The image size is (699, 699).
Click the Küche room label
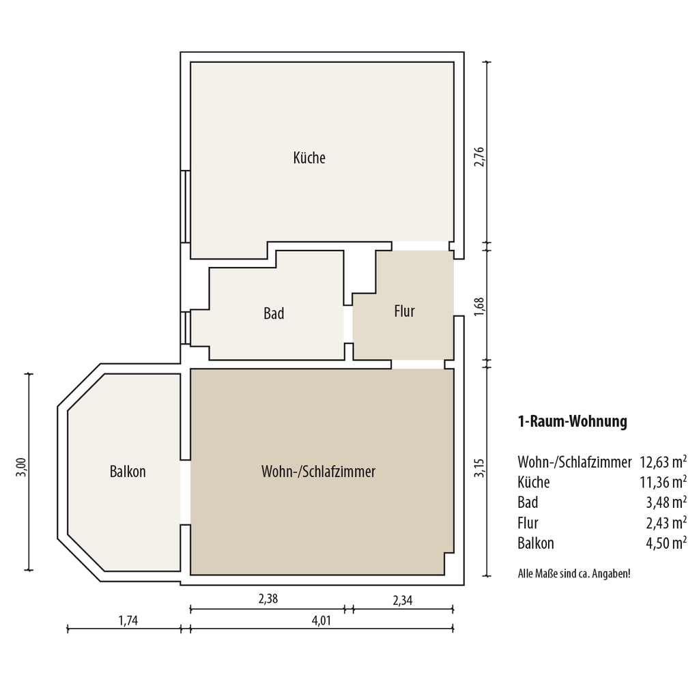(309, 158)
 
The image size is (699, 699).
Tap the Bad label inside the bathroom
(274, 313)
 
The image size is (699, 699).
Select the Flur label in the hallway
(404, 311)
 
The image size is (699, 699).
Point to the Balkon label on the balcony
(128, 472)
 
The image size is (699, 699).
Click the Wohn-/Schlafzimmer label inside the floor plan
(318, 472)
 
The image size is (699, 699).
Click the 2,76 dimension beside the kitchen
(479, 157)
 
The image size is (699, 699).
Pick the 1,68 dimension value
(479, 306)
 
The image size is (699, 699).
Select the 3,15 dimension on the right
(479, 468)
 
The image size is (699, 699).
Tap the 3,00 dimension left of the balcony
(21, 468)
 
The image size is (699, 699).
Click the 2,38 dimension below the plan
(268, 599)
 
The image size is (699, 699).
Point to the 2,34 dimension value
(403, 601)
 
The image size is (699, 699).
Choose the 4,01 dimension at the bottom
(322, 620)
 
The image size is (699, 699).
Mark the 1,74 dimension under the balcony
(128, 620)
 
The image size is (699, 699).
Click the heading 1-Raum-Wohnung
(573, 421)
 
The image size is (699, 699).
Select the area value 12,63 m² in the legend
(664, 462)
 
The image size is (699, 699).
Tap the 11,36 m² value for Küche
(664, 482)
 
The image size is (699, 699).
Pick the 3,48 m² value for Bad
(666, 502)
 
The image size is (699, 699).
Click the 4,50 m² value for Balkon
(666, 543)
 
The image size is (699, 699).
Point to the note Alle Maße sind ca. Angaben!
(574, 573)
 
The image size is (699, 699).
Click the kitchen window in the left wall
(186, 206)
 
